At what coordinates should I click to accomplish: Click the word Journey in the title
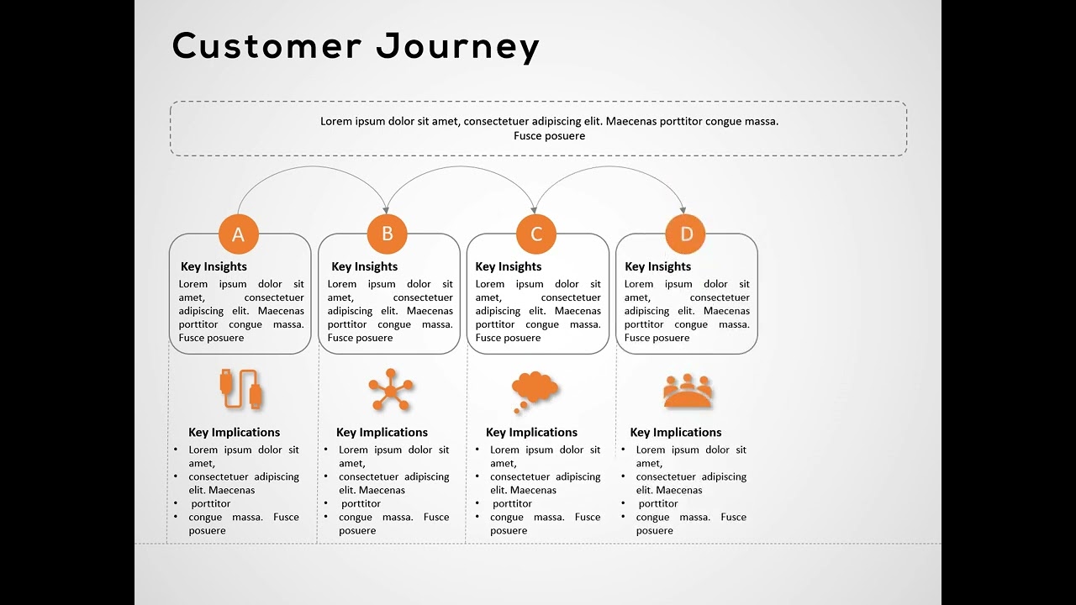457,47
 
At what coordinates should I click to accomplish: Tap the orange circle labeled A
239,234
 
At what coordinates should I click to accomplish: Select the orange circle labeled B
388,234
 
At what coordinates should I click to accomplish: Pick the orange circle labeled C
536,234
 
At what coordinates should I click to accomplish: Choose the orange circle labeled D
685,234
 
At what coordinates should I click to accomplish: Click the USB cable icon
241,389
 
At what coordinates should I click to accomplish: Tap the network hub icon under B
391,390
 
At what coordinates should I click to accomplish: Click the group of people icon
688,391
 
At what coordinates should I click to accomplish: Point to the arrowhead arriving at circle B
386,209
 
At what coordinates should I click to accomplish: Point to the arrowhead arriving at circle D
683,209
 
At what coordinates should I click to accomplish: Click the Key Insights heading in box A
214,266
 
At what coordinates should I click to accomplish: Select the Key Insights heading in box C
509,266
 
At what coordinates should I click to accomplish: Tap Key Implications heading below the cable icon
234,432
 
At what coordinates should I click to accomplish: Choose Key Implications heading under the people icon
676,432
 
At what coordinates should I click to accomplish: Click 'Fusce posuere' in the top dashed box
549,136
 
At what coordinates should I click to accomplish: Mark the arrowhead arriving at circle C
535,209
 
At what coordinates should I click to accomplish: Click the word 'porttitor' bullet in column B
361,503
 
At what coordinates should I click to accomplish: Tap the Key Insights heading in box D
657,266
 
